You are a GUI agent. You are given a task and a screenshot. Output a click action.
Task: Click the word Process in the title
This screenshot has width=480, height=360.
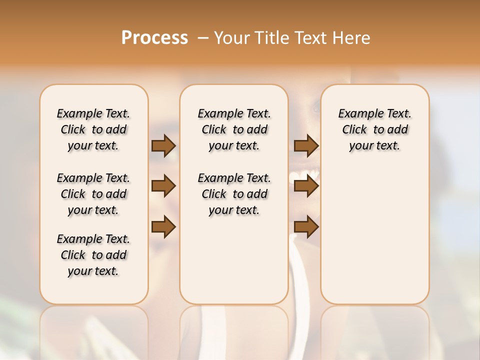pyautogui.click(x=154, y=38)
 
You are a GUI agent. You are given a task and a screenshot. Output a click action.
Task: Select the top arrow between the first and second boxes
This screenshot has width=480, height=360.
pyautogui.click(x=163, y=145)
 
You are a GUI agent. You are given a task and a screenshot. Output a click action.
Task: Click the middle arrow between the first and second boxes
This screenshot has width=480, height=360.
pyautogui.click(x=163, y=186)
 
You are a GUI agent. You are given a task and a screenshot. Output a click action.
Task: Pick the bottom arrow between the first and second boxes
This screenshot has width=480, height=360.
pyautogui.click(x=163, y=227)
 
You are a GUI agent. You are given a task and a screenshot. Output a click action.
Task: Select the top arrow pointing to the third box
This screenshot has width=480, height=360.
pyautogui.click(x=306, y=145)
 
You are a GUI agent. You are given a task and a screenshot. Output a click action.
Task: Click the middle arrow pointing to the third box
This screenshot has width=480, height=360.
pyautogui.click(x=306, y=186)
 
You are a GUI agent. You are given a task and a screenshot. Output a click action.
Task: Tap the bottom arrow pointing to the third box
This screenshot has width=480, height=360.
pyautogui.click(x=306, y=227)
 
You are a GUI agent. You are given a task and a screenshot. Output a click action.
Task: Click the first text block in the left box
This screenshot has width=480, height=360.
pyautogui.click(x=93, y=129)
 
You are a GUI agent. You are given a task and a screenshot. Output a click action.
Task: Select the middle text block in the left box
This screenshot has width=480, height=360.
pyautogui.click(x=93, y=194)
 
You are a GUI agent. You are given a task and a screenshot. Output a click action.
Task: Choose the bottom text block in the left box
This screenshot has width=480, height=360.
pyautogui.click(x=93, y=255)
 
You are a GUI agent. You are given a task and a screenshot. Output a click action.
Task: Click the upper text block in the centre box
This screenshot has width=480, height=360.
pyautogui.click(x=234, y=129)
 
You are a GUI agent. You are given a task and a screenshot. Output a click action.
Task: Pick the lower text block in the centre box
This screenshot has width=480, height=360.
pyautogui.click(x=234, y=194)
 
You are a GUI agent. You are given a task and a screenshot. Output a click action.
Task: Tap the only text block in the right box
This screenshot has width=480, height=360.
pyautogui.click(x=375, y=129)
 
